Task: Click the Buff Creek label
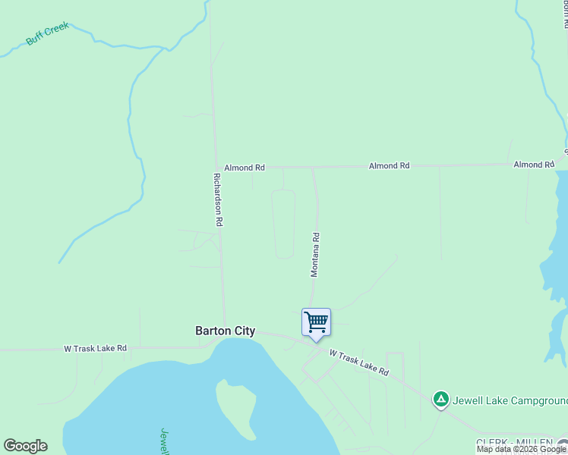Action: click(x=47, y=34)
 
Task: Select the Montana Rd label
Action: click(x=314, y=254)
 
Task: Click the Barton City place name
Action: click(x=225, y=331)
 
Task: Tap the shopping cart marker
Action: click(x=316, y=322)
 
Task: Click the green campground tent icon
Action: click(x=440, y=398)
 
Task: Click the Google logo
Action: click(x=25, y=446)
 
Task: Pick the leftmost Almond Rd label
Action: click(x=244, y=167)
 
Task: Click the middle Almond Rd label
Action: click(x=389, y=165)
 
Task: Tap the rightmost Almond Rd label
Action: click(x=534, y=164)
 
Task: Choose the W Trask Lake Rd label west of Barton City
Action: click(x=95, y=349)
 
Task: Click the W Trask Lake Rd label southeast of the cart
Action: click(x=359, y=362)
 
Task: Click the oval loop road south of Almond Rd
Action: click(x=283, y=224)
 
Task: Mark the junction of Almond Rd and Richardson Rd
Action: click(x=215, y=168)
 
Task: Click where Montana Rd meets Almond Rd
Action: click(x=313, y=168)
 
